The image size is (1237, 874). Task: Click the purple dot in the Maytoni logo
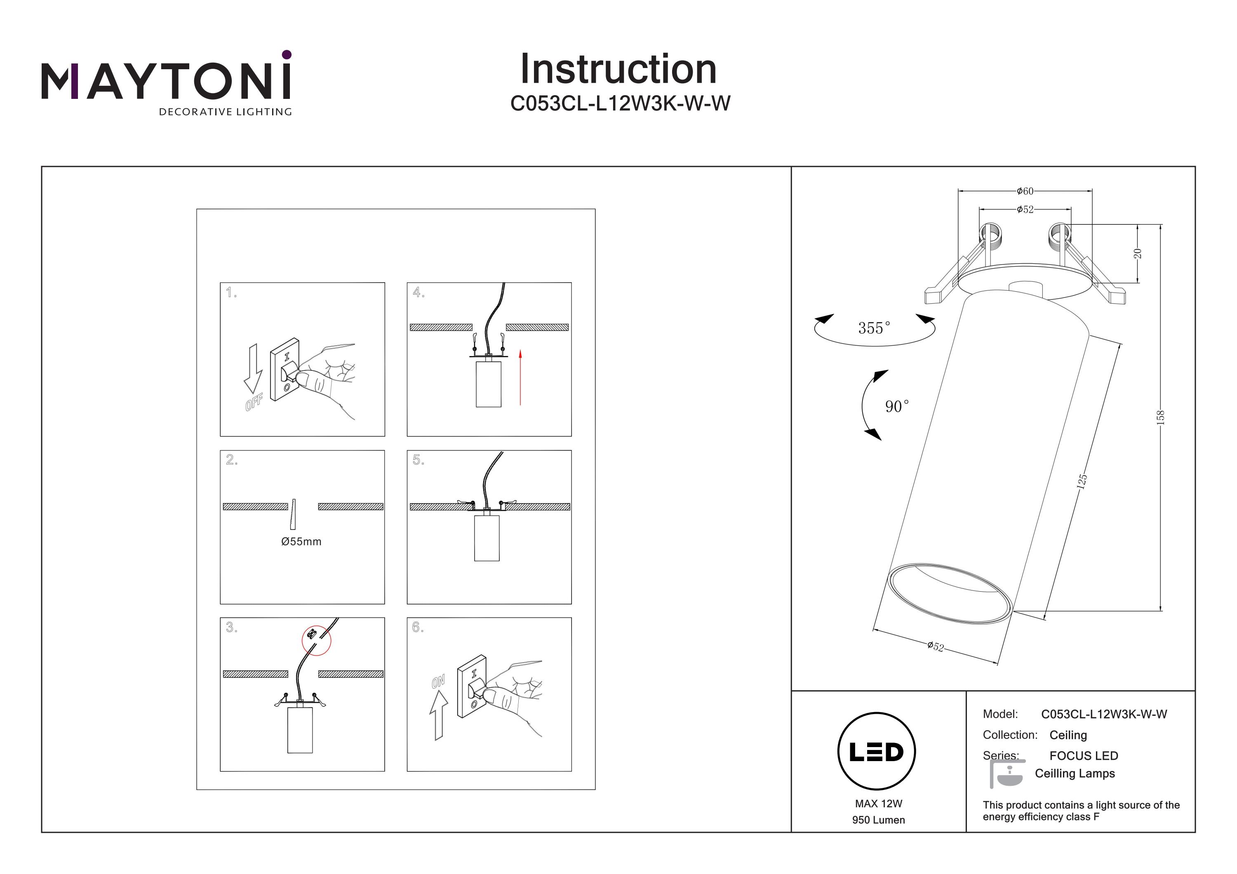287,54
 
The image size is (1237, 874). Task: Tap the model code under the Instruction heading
620,103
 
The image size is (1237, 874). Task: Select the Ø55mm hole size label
301,542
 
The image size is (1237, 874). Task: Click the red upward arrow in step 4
520,377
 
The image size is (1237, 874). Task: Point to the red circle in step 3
316,640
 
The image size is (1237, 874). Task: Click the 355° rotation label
874,328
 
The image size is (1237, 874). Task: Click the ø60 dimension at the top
1025,191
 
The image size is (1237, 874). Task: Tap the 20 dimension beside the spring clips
1137,253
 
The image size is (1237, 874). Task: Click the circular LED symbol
877,752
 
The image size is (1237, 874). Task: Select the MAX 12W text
878,804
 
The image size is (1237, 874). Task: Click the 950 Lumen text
878,820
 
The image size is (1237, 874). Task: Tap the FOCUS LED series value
1084,755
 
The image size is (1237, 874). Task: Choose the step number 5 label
418,460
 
